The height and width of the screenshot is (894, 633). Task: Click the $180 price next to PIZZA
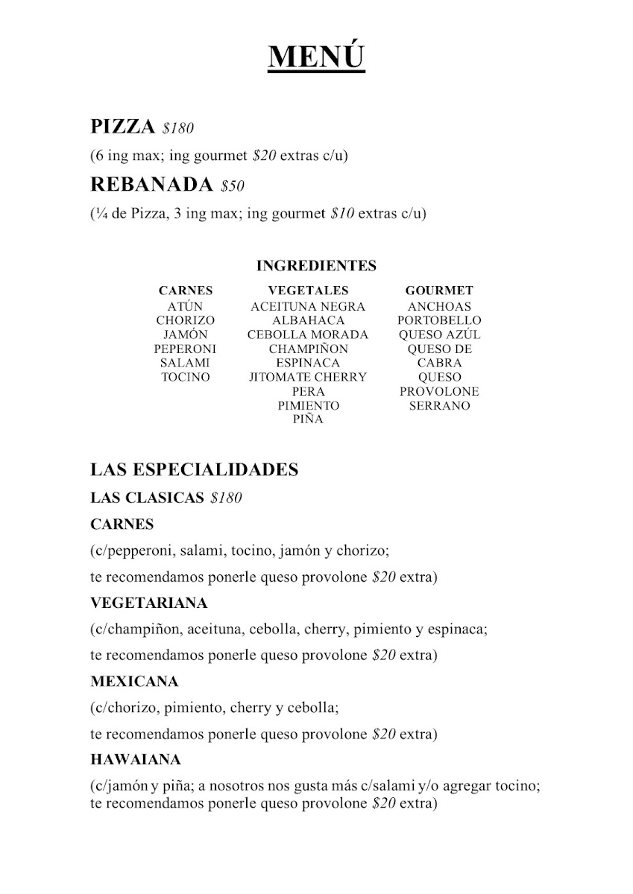pos(177,129)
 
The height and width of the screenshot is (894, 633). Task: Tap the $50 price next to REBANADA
pos(233,186)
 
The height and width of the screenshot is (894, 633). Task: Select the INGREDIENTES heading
pos(316,266)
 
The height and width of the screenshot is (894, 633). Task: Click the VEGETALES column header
pos(308,291)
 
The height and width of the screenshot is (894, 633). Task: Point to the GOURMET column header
pos(439,291)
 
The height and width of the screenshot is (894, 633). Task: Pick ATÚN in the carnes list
pos(185,306)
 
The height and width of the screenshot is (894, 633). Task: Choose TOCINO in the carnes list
pos(186,377)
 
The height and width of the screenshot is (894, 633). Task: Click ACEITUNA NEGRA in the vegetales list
pos(308,306)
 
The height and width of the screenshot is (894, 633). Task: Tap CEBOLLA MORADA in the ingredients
pos(308,335)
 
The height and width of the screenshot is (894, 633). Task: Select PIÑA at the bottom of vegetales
pos(308,419)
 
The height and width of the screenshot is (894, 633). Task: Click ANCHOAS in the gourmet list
pos(439,306)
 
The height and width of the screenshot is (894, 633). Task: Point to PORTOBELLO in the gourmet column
pos(439,320)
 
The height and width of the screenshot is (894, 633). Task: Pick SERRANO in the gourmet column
pos(439,406)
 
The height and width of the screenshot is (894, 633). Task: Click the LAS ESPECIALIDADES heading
pos(194,469)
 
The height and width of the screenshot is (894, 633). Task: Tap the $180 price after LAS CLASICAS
pos(227,498)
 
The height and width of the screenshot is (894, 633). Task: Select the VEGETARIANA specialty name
pos(148,602)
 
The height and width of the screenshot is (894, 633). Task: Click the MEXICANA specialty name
pos(134,681)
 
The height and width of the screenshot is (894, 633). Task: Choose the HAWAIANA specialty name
pos(136,760)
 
